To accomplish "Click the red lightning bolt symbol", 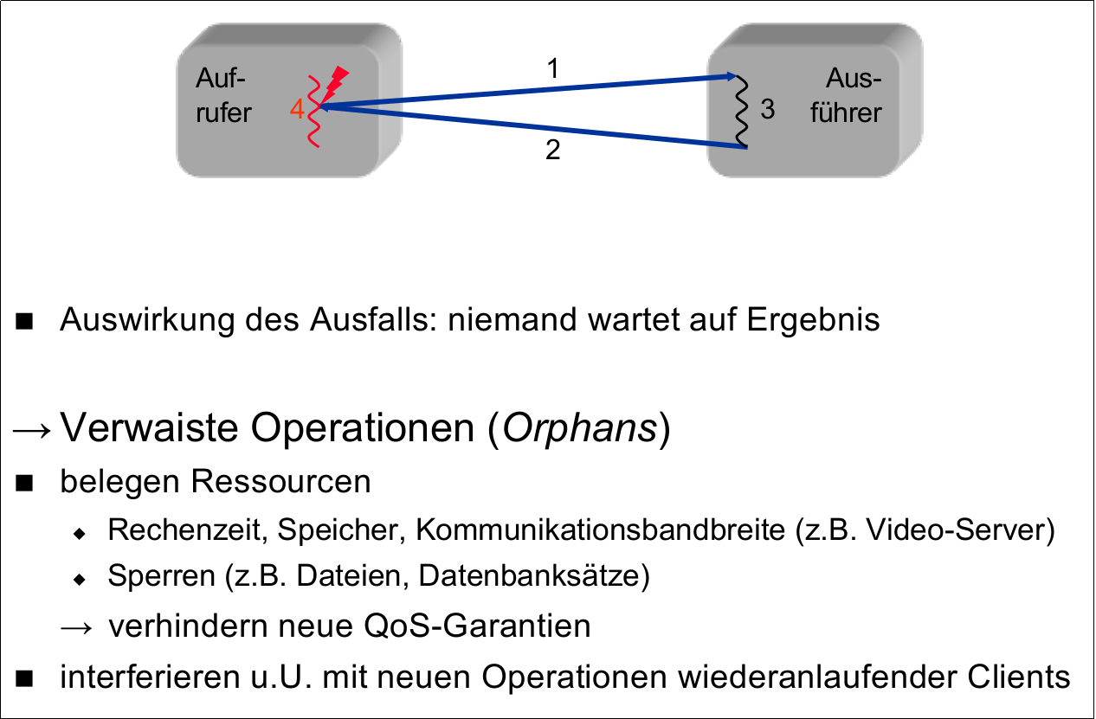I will click(x=337, y=81).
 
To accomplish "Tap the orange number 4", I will click(x=297, y=110).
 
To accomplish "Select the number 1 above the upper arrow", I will click(x=552, y=69).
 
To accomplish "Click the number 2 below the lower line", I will click(x=553, y=151).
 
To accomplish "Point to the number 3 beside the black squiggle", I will click(x=768, y=110).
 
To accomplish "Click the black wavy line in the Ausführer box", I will click(x=741, y=112).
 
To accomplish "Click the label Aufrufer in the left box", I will click(x=223, y=96).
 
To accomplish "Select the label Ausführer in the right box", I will click(x=846, y=96).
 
